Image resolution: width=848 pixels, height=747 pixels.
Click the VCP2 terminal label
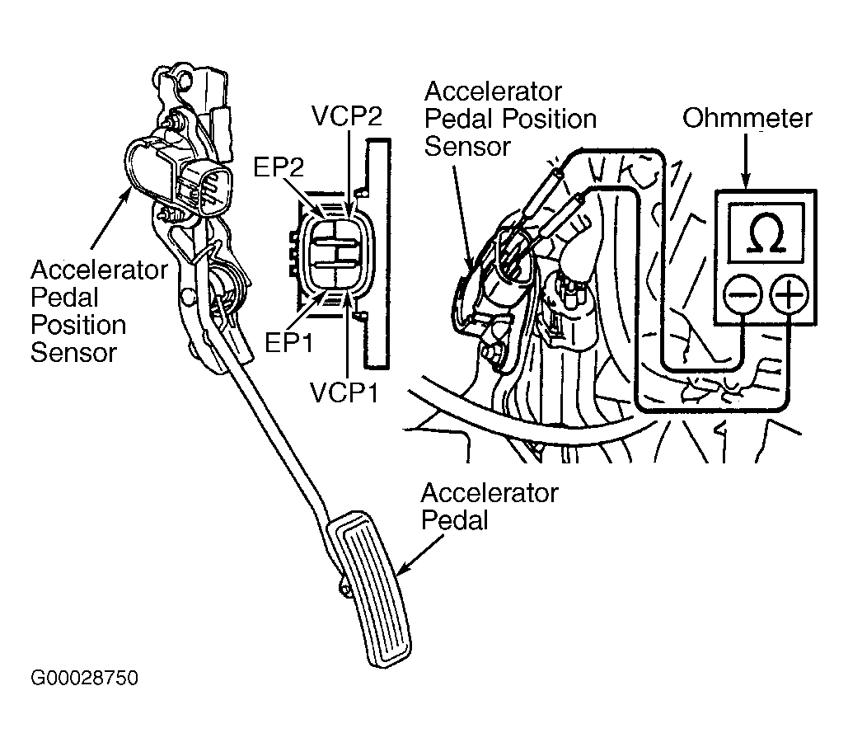[x=347, y=116]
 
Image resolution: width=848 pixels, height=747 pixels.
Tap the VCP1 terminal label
[x=344, y=392]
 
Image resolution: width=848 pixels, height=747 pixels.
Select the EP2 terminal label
[x=279, y=167]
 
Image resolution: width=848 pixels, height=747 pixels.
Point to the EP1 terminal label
[x=288, y=342]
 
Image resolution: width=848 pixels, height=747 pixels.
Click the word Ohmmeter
[x=747, y=119]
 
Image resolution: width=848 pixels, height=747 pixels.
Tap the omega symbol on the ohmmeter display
[x=766, y=234]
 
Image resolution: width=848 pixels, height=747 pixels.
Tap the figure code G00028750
[x=85, y=679]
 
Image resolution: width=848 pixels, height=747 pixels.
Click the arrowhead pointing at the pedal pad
[x=401, y=569]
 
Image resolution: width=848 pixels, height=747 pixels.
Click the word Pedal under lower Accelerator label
[x=454, y=520]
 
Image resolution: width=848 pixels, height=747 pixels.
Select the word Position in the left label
[x=78, y=325]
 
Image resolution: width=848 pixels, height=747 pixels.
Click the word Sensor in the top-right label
[x=467, y=147]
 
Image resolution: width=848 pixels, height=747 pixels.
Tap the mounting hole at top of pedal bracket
[x=185, y=80]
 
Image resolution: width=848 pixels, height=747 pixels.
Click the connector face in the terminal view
[x=335, y=253]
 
